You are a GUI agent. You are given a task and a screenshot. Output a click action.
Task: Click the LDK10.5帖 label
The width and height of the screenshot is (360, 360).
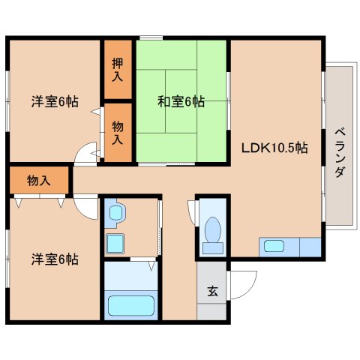(273, 148)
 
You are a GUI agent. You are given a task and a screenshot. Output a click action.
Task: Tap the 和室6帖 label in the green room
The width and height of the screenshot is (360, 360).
(181, 102)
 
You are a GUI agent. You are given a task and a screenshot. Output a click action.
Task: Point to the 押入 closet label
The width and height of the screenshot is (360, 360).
(118, 70)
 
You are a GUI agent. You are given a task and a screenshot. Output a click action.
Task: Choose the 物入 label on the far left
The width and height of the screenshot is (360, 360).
(38, 180)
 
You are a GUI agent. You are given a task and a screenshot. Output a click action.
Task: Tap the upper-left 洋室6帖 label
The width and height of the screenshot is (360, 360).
(54, 101)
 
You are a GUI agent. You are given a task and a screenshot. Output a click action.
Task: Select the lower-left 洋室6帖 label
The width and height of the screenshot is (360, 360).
(54, 259)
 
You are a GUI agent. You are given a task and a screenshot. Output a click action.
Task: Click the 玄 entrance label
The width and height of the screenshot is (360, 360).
(213, 292)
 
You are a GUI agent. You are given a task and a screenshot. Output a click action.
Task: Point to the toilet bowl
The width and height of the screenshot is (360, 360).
(212, 229)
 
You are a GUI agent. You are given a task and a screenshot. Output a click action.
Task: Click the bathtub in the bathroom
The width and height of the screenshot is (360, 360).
(131, 306)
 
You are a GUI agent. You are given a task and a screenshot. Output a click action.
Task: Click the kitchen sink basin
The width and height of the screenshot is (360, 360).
(273, 245)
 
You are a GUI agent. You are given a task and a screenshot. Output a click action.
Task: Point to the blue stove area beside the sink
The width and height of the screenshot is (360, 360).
(310, 246)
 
